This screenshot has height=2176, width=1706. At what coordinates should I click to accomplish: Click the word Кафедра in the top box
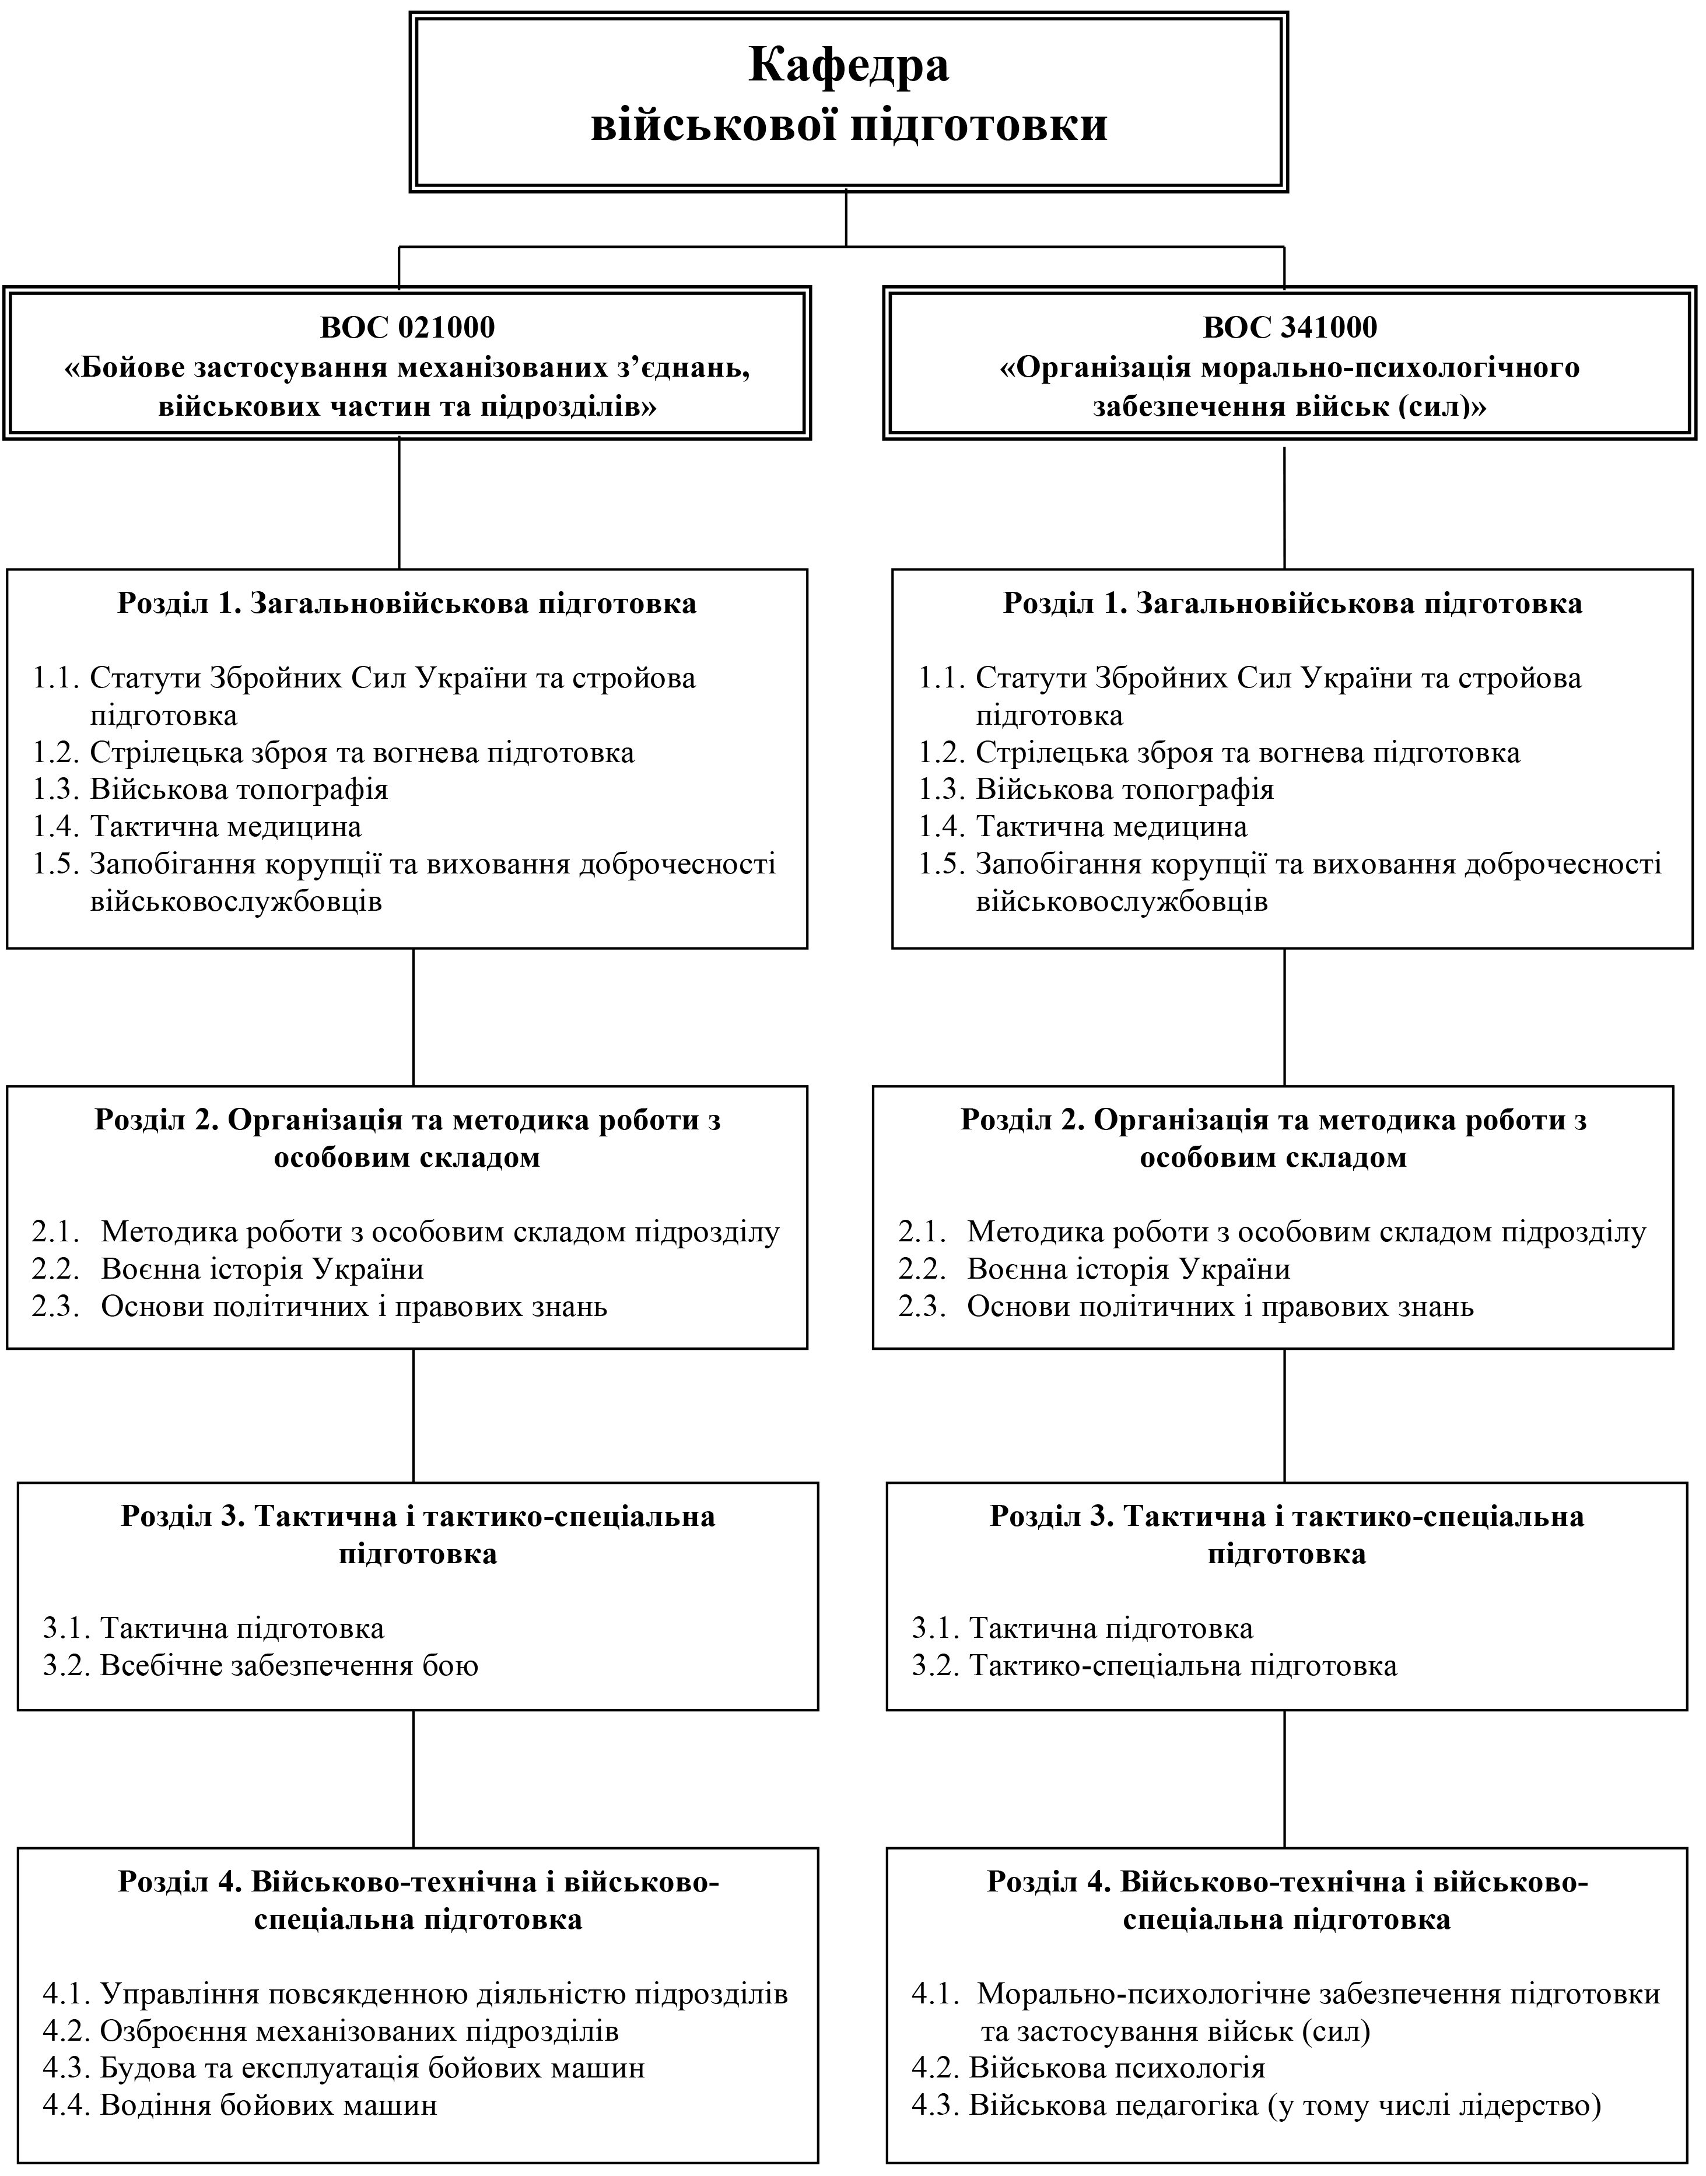click(x=849, y=66)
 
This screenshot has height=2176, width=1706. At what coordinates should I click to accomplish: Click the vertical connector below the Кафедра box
click(x=847, y=217)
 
